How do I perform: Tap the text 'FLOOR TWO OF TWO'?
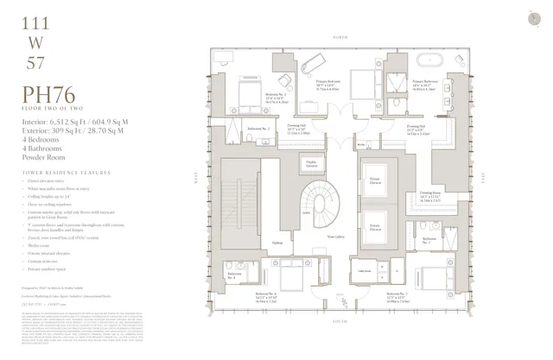[48, 111]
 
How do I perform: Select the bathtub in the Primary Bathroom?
[429, 63]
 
